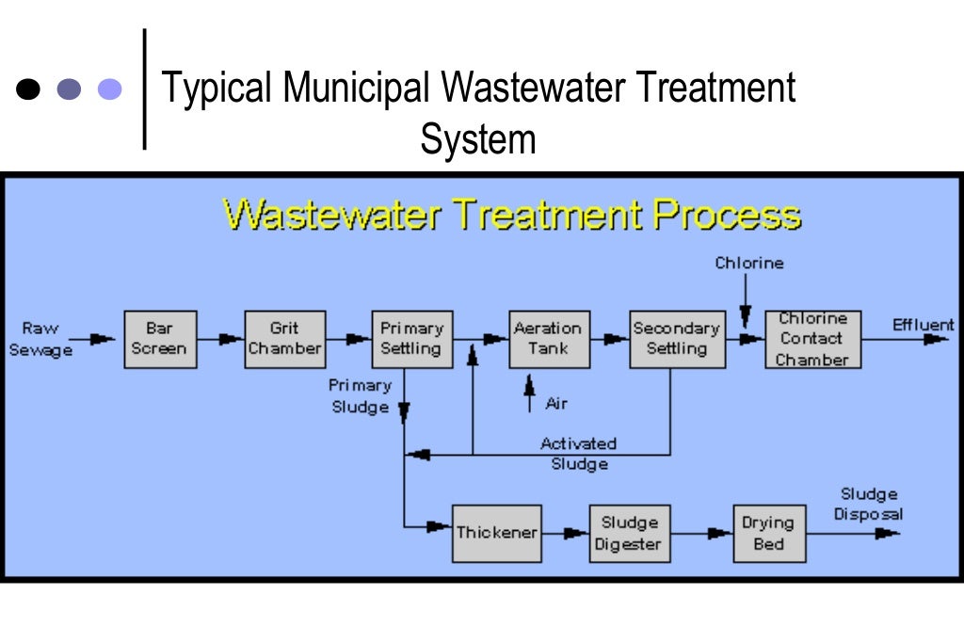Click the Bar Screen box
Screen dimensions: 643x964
pos(160,339)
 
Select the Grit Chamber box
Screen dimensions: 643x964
pos(285,339)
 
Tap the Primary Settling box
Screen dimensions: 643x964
pos(411,339)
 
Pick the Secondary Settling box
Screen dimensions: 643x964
pos(677,339)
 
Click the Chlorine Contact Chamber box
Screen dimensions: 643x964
pos(812,339)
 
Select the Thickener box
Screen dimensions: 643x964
pos(496,533)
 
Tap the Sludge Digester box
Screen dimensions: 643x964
pos(630,533)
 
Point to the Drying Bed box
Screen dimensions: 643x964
pos(769,533)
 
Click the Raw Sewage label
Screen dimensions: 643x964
pos(40,338)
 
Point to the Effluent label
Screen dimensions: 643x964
pos(923,326)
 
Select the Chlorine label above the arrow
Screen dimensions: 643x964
pos(748,264)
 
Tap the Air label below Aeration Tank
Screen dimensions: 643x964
pos(556,404)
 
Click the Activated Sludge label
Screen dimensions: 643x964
pos(578,453)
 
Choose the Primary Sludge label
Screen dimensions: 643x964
pos(360,396)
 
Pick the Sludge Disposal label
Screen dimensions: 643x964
pos(868,504)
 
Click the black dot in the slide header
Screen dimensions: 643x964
pos(29,89)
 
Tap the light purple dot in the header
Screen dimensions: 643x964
pos(110,89)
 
